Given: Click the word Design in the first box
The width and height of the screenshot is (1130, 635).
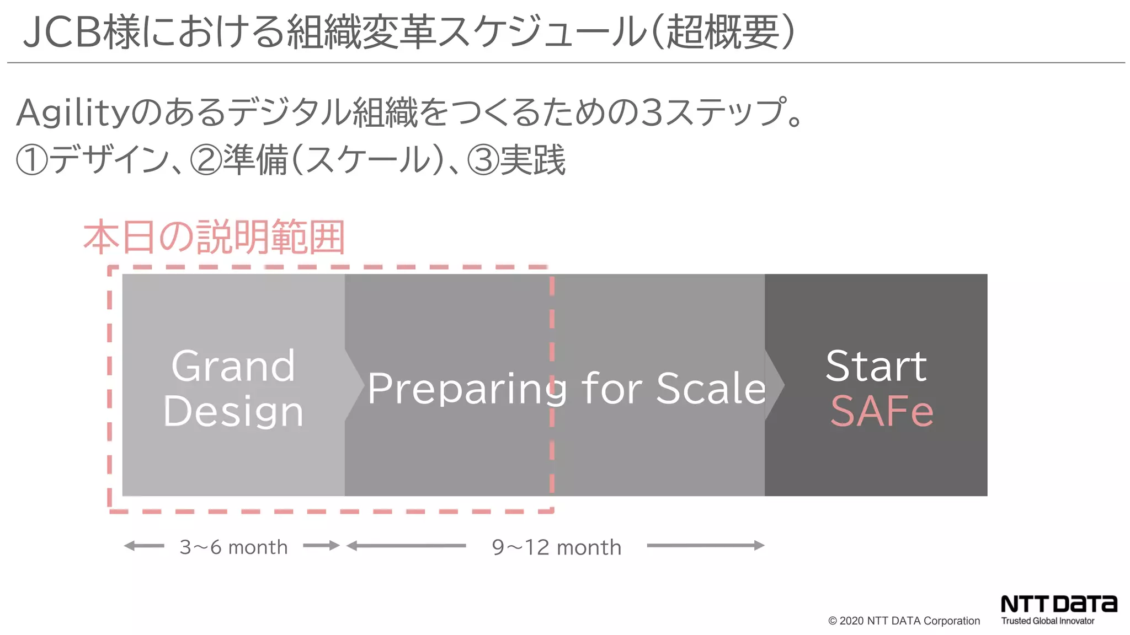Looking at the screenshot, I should coord(233,411).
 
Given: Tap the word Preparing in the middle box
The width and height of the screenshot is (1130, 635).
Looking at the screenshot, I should coord(467,389).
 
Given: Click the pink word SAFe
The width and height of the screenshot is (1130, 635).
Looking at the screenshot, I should coord(881,411).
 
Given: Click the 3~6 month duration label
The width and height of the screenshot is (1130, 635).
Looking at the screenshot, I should coord(233,547).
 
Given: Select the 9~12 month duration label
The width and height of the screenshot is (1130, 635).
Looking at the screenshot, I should coord(556,547).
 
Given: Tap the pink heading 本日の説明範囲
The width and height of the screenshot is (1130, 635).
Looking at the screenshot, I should coord(214,237).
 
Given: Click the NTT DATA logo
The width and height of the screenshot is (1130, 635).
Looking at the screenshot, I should coord(1059,604).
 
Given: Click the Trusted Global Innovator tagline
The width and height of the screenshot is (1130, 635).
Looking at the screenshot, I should coord(1047,621).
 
